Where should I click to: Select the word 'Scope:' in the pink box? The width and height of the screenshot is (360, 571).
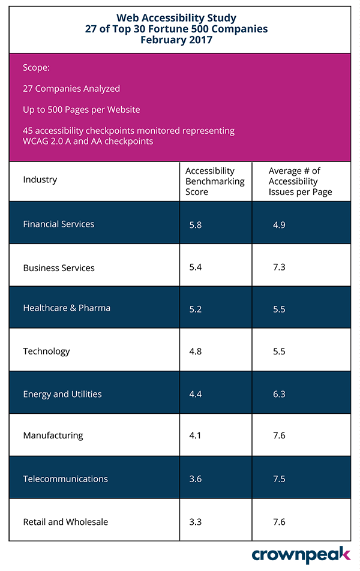37,68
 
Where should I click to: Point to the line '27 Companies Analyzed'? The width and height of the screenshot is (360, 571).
71,89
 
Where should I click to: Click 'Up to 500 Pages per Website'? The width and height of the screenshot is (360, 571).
82,110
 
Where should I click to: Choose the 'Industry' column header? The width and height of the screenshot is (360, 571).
40,179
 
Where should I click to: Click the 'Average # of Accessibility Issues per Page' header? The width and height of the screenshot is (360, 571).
300,181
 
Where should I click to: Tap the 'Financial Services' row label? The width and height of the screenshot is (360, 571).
59,224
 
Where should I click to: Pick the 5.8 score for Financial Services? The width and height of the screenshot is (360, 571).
195,225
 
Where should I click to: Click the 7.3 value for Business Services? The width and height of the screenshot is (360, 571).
278,268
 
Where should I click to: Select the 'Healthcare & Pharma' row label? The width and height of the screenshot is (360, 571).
67,308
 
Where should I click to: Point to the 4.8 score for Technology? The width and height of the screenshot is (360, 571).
195,351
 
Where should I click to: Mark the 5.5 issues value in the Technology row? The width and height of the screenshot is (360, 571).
278,351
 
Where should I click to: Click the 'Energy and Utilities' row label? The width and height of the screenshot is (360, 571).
62,394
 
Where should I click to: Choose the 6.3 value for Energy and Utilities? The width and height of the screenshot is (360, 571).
278,395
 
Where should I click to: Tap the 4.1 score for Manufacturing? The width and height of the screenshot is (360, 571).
195,436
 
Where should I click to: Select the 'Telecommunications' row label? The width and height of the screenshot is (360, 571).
65,479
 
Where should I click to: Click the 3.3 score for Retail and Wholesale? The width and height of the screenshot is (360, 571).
195,522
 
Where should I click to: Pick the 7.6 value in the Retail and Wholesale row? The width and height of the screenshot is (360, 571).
278,522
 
